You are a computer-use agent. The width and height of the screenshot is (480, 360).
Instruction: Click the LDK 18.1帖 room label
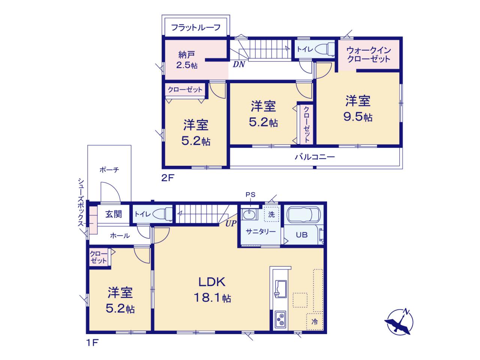pos(212,289)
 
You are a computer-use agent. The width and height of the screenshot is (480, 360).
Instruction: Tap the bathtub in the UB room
pos(303,214)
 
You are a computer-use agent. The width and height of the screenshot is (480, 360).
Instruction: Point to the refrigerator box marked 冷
pos(315,321)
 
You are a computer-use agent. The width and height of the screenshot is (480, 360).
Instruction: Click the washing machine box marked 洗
pos(271,213)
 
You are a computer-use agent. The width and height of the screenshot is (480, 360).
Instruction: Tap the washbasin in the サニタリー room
pos(249,214)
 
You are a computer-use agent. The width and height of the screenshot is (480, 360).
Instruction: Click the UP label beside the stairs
pos(231,223)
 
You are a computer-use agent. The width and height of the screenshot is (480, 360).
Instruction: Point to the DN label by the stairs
pos(238,64)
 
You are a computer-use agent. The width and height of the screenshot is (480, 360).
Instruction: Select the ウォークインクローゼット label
pos(369,55)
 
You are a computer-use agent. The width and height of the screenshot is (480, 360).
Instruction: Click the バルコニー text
pos(315,157)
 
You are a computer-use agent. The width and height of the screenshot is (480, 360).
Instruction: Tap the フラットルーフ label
pos(196,27)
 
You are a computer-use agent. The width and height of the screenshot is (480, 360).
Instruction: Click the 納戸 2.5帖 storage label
pos(187,60)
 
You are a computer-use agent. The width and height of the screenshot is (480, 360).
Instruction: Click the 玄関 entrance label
pos(114,214)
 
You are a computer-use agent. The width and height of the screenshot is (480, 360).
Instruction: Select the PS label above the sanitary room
pos(250,195)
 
